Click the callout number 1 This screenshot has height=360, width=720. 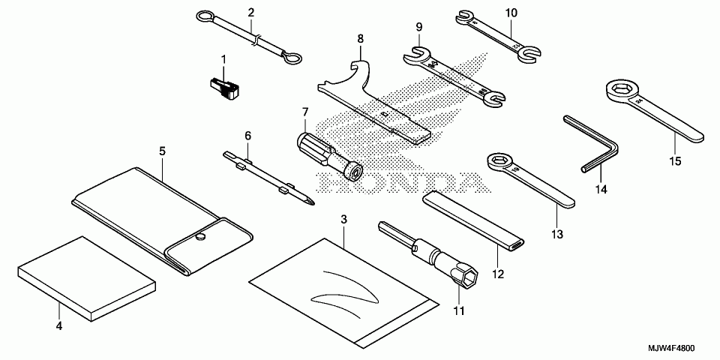point(223,58)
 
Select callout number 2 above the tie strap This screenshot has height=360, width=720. point(250,12)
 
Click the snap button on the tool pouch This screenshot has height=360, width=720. point(200,237)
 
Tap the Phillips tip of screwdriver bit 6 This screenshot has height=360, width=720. point(309,199)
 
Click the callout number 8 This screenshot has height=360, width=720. point(361,37)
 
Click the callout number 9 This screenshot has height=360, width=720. point(418,29)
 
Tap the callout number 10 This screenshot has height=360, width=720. point(511,13)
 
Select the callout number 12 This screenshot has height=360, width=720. point(496,275)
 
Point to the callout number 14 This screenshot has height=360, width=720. point(600,190)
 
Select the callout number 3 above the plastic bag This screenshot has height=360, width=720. point(343,220)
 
